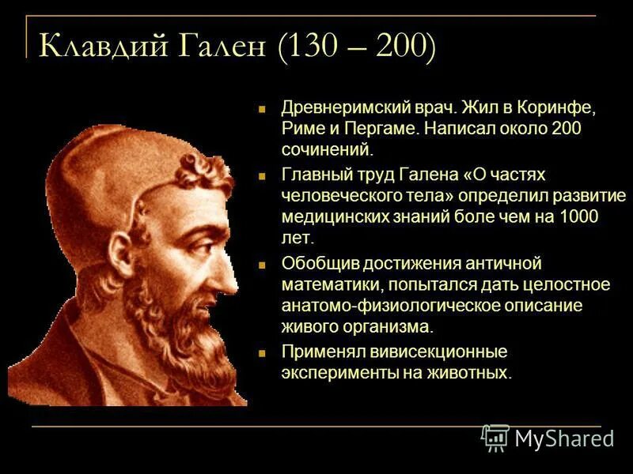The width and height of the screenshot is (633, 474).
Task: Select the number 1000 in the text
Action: click(x=577, y=216)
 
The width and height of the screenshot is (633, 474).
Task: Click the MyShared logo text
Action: click(x=563, y=438)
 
